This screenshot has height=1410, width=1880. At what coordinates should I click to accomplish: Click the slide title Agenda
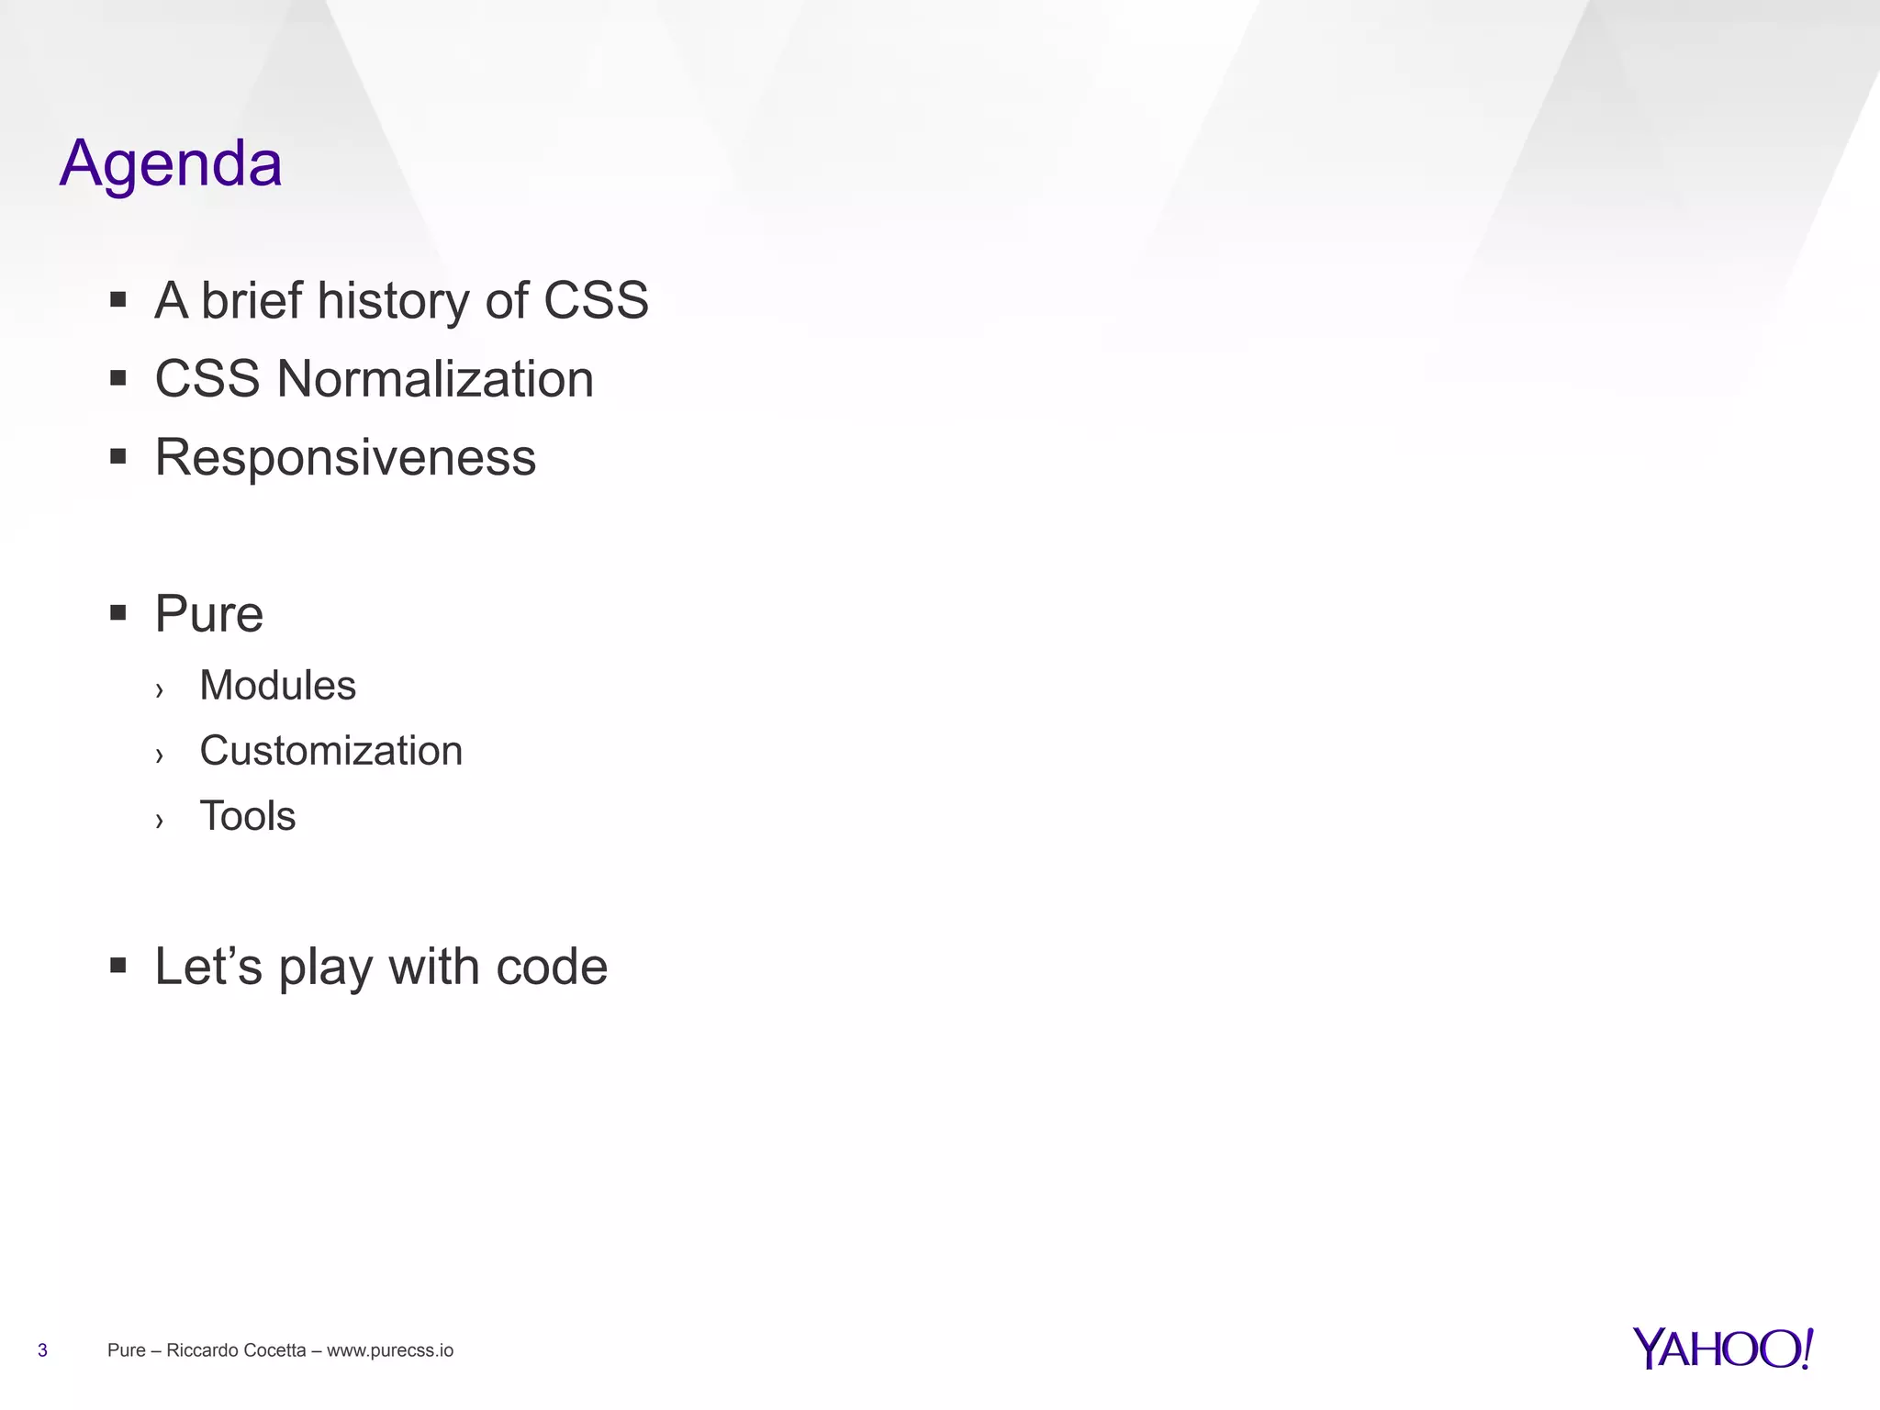click(171, 163)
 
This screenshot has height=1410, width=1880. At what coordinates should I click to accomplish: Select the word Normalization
click(435, 379)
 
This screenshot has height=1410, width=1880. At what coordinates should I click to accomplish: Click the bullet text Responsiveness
click(345, 457)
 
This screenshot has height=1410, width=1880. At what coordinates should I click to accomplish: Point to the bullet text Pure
click(208, 613)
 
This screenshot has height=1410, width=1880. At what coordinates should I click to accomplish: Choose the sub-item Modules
click(277, 686)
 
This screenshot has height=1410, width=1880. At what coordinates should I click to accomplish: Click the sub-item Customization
click(330, 751)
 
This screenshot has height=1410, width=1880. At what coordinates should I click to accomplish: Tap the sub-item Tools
click(248, 816)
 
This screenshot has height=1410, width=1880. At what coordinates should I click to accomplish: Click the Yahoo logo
click(1722, 1348)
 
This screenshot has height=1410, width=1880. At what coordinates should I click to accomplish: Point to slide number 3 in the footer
click(42, 1350)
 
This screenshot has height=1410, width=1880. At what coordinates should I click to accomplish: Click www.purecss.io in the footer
click(390, 1350)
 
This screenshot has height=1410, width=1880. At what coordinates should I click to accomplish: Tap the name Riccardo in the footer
click(197, 1350)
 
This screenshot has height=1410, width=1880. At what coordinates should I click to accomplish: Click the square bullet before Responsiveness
click(117, 456)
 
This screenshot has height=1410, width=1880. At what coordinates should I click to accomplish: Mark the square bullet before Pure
click(117, 612)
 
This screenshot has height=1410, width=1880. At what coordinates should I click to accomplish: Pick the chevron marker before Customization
click(160, 755)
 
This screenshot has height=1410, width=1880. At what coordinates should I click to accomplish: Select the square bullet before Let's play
click(117, 965)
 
